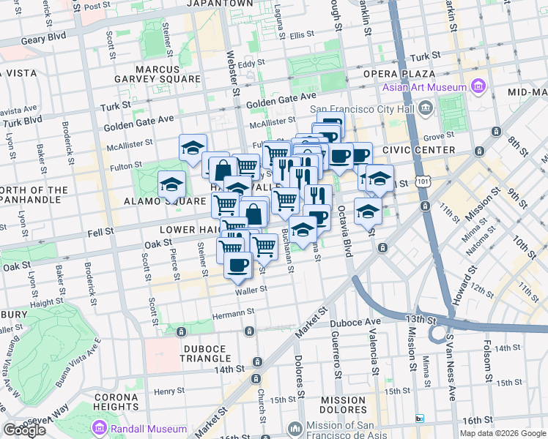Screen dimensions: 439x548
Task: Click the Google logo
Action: (x=24, y=430)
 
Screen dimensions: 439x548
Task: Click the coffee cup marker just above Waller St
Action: (x=237, y=266)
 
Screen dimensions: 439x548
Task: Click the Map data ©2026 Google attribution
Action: (x=502, y=433)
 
